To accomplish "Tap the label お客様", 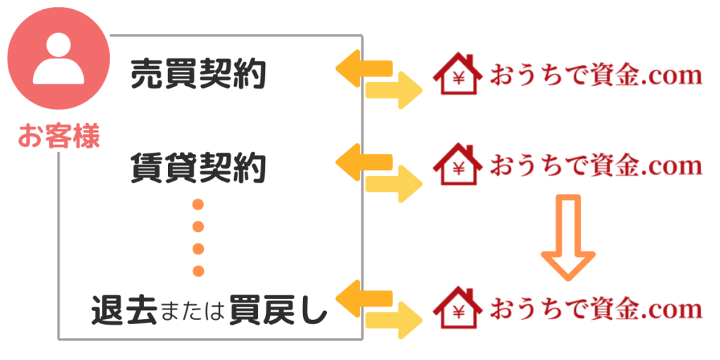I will coord(58,136).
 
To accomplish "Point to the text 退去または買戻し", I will coord(210,310).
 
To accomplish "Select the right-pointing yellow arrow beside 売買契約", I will coord(394,90).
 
